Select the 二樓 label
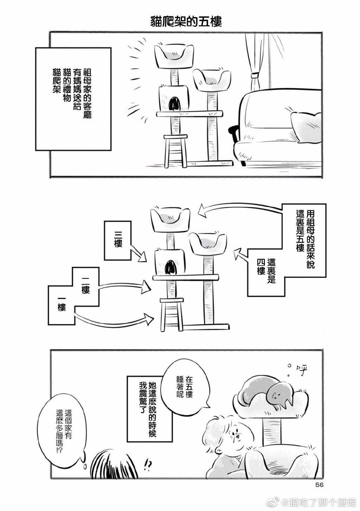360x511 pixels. pyautogui.click(x=85, y=285)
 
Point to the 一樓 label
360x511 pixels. pyautogui.click(x=62, y=304)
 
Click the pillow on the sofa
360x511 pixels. pyautogui.click(x=306, y=121)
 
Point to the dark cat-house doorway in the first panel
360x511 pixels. pyautogui.click(x=175, y=104)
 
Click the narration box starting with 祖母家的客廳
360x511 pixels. pyautogui.click(x=73, y=98)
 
